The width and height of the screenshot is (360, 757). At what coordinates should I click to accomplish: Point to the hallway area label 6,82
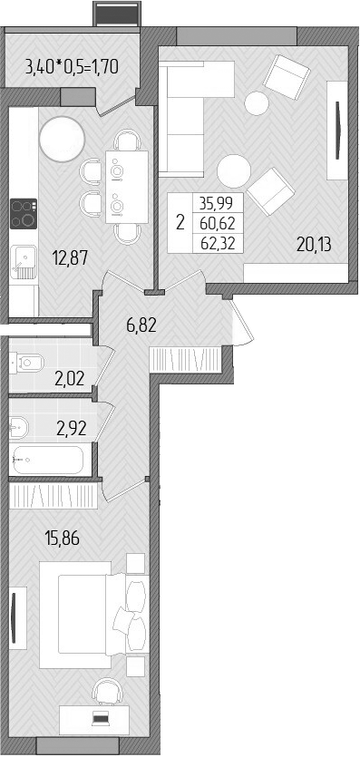pyautogui.click(x=139, y=325)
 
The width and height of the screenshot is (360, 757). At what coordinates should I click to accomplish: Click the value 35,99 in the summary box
pyautogui.click(x=218, y=205)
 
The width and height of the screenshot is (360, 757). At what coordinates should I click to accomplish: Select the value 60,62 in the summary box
pyautogui.click(x=218, y=223)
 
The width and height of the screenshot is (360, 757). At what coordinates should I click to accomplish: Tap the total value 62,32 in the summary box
pyautogui.click(x=218, y=241)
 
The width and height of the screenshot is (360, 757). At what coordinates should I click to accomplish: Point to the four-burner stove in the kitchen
pyautogui.click(x=23, y=215)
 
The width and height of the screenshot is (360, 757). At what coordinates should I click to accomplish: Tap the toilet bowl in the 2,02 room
pyautogui.click(x=27, y=363)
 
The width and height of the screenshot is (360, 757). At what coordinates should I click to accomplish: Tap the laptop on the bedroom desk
pyautogui.click(x=101, y=720)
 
